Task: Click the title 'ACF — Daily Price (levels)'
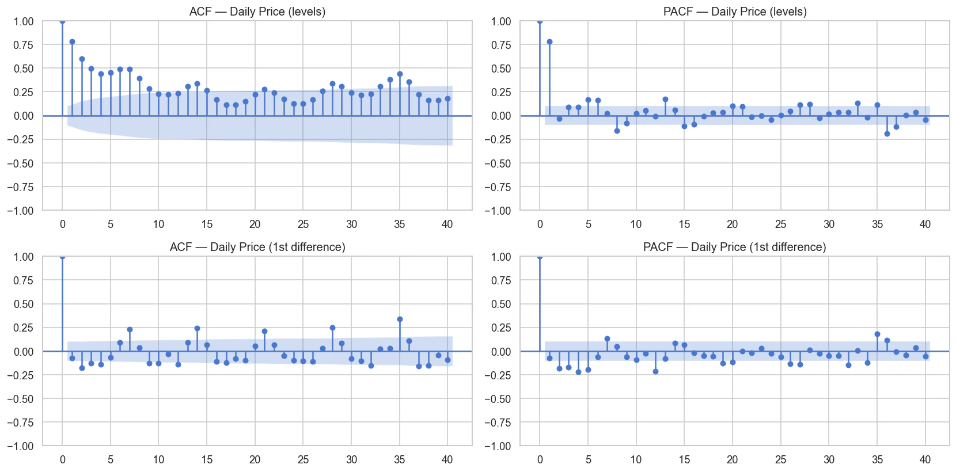tap(257, 12)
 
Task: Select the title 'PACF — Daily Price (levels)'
tap(735, 12)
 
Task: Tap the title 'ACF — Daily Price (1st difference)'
tap(257, 247)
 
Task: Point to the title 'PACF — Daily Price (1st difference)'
tap(734, 247)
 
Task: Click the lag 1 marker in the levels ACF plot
tap(72, 41)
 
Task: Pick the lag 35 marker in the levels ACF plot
tap(400, 74)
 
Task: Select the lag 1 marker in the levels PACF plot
tap(549, 41)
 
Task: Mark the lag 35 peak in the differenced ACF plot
tap(400, 319)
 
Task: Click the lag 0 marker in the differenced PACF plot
tap(540, 257)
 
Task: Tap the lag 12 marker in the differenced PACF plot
tap(655, 371)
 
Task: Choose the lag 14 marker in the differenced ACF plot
tap(197, 328)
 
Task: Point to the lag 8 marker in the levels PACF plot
tap(617, 131)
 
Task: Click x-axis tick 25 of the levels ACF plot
tap(303, 224)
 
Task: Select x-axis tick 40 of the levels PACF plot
tap(925, 224)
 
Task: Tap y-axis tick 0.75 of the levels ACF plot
tap(24, 45)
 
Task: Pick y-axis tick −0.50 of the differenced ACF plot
tap(21, 399)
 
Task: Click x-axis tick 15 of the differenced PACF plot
tap(684, 459)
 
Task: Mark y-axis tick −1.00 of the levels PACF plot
tap(498, 211)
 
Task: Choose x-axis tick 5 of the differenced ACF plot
tap(111, 459)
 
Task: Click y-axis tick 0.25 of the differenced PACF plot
tap(500, 328)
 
